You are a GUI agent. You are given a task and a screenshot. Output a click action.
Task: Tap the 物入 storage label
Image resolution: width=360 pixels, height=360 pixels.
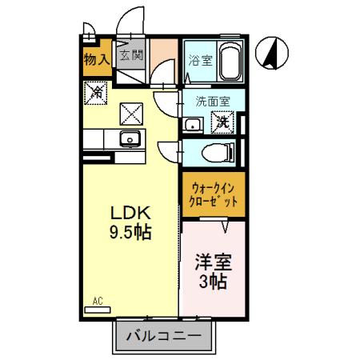click(96, 59)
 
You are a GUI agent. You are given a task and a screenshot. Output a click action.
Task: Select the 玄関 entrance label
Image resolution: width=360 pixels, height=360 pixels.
click(132, 55)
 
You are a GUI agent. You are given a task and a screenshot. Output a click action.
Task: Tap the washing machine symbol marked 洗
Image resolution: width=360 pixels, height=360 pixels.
click(221, 122)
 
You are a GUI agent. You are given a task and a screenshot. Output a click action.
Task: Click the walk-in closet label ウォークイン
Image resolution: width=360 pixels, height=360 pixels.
click(213, 190)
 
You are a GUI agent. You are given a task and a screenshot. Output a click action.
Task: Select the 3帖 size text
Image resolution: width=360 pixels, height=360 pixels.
click(212, 282)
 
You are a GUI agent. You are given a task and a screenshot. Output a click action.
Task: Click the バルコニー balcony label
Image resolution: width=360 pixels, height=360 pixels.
click(165, 335)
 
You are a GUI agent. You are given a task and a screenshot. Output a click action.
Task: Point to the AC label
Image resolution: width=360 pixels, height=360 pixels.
click(98, 300)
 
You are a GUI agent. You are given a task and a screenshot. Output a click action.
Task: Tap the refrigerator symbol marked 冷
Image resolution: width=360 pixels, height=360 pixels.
click(96, 94)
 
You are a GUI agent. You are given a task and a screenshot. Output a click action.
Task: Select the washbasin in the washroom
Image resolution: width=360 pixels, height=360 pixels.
click(191, 123)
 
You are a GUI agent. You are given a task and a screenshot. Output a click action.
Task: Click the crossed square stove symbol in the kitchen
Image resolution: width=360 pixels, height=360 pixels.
click(130, 113)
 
